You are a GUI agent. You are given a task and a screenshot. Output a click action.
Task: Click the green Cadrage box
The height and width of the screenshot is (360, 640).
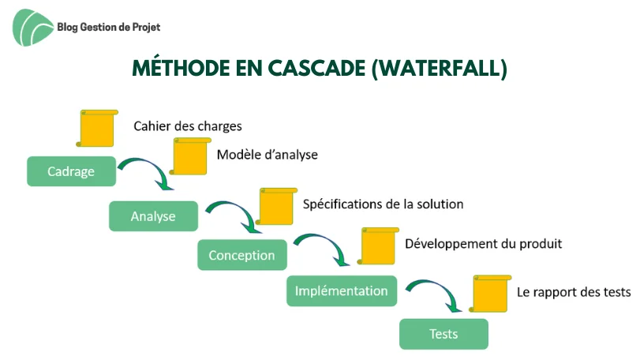72,171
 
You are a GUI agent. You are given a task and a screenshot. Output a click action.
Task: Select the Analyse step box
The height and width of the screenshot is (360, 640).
153,216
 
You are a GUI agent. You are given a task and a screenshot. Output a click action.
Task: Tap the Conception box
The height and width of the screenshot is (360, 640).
242,255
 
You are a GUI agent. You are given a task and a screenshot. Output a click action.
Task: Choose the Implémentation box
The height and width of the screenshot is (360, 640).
342,291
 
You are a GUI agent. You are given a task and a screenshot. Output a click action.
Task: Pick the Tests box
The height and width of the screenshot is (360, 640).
444,334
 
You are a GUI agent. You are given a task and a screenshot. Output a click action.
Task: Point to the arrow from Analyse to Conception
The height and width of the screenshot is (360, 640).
240,210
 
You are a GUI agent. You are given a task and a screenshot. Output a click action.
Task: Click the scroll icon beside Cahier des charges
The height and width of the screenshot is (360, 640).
97,128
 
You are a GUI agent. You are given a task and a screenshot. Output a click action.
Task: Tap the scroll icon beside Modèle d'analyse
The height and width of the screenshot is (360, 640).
190,156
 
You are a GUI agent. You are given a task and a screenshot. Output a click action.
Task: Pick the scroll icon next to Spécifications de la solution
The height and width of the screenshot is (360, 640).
277,207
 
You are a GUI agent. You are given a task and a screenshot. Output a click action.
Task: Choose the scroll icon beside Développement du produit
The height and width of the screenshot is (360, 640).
378,246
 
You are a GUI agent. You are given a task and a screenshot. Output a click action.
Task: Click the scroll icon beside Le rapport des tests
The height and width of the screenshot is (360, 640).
491,294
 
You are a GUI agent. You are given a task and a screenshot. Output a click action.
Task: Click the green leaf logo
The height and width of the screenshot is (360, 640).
32,28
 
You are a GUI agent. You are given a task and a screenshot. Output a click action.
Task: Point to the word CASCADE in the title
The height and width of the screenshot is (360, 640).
316,68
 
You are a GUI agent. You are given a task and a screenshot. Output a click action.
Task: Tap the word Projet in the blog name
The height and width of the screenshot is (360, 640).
146,28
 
